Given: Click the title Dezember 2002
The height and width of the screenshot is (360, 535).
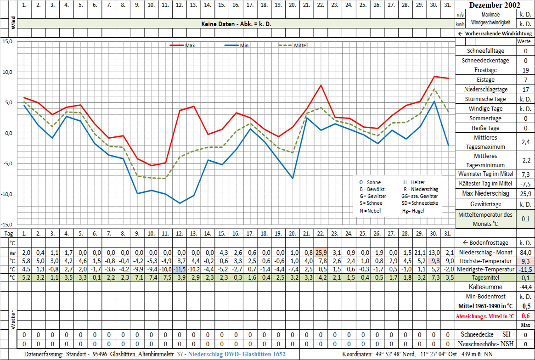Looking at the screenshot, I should (495, 5).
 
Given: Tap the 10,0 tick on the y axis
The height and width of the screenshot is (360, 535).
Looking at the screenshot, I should (8, 72).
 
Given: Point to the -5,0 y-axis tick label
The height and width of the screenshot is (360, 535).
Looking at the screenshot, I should (8, 163).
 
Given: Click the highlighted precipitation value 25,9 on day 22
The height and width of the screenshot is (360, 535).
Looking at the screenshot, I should (321, 253).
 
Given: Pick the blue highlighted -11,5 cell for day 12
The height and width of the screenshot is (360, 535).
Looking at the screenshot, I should (180, 269).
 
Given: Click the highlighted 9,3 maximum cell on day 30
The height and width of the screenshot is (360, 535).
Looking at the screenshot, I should (434, 261).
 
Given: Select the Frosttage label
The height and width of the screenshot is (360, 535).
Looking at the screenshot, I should (486, 70).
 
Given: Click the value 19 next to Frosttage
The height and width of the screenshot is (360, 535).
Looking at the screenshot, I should (525, 70).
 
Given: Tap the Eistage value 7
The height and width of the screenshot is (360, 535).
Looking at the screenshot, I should (525, 80).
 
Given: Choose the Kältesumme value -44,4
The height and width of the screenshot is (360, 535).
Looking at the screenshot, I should (525, 287).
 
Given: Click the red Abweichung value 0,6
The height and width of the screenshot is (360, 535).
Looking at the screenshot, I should (525, 315).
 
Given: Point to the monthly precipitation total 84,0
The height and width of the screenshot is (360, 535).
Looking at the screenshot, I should (525, 253).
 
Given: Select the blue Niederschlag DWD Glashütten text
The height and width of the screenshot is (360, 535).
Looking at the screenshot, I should (237, 354).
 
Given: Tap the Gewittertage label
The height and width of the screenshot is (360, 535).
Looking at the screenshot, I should (486, 203).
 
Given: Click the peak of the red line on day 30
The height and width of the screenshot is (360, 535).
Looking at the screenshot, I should (434, 77).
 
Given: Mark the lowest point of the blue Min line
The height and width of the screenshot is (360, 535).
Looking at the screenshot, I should (180, 203).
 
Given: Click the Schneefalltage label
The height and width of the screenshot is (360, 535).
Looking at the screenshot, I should (486, 51).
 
